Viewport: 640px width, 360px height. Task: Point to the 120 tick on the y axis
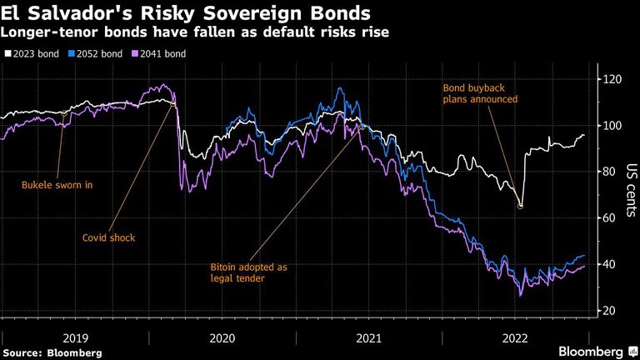click(612, 79)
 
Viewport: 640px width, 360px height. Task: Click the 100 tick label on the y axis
click(612, 125)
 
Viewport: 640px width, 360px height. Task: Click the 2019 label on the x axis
click(75, 338)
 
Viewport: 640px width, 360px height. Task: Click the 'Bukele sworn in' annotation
click(57, 185)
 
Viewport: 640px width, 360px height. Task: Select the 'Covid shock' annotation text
click(108, 237)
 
